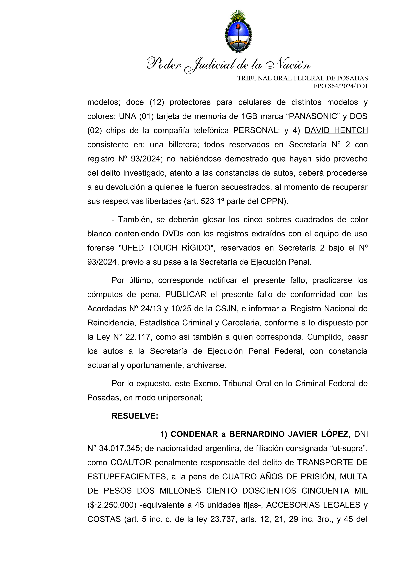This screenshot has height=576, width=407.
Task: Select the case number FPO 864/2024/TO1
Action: pyautogui.click(x=341, y=86)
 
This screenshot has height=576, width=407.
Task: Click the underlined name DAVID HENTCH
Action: pyautogui.click(x=336, y=130)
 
